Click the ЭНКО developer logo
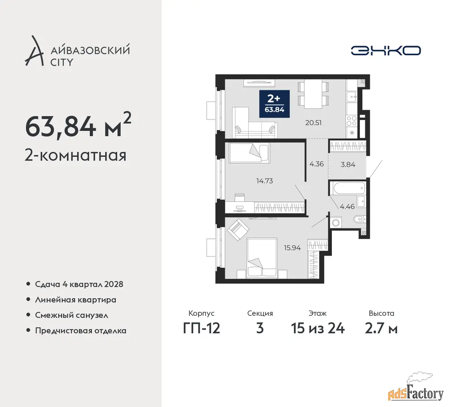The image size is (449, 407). coord(386,51)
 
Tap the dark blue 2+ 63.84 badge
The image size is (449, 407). coord(274,104)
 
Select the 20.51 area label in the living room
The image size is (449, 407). coord(313,123)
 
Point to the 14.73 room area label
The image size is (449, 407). coord(265,181)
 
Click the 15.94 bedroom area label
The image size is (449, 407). coord(292,248)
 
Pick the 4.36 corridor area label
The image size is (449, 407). coord(317,164)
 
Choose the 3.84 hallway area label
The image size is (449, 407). coord(348,165)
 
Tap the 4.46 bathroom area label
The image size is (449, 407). coord(347,206)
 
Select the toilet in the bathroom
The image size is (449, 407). coord(359,220)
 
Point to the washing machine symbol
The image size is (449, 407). coord(336,222)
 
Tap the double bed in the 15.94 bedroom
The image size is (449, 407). coord(262,258)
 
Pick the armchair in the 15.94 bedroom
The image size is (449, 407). coord(237,230)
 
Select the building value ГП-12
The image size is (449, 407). coord(201,328)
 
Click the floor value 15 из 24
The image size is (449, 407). coord(318,328)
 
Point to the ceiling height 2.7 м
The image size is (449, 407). coord(381,328)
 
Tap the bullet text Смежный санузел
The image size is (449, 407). coord(71,315)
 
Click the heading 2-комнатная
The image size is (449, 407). coord(76,156)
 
